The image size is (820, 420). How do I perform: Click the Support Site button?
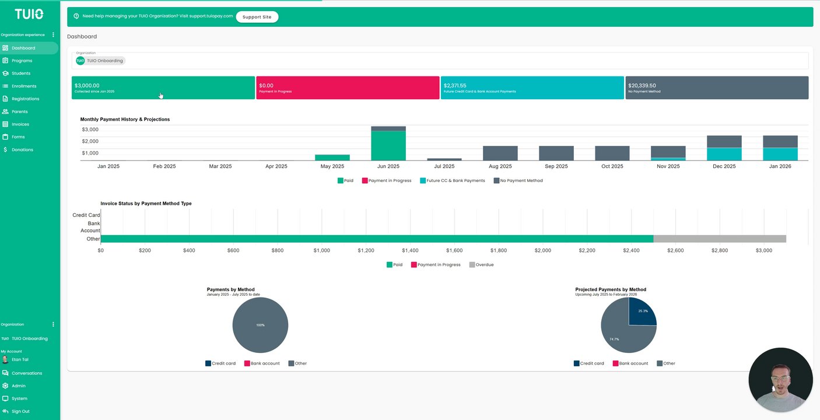257,17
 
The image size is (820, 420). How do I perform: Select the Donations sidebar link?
22,150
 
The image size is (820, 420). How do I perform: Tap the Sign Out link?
20,411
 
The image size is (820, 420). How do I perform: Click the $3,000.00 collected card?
163,87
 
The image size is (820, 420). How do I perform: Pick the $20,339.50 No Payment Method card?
716,87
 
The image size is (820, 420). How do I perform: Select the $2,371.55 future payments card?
532,87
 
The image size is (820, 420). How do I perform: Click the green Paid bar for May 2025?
332,157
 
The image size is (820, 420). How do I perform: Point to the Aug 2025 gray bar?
500,153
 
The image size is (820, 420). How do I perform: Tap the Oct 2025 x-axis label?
612,166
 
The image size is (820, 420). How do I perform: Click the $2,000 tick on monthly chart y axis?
90,141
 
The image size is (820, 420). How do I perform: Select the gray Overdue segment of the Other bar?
720,239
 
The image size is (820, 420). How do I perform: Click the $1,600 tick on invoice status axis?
454,250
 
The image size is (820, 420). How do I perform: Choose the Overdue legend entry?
481,265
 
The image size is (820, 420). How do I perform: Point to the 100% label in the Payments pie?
261,325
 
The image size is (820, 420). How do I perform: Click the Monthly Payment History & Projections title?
125,120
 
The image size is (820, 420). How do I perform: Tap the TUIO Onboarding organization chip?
100,61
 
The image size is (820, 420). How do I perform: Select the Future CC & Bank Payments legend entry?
452,181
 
